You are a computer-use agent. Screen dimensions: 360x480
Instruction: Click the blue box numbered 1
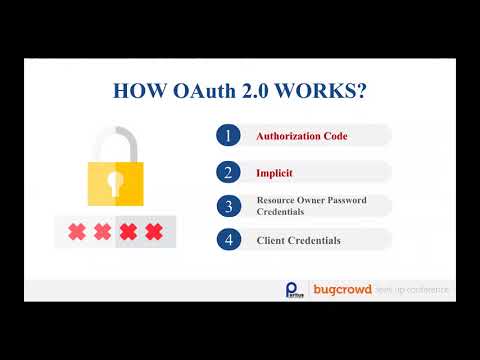228,135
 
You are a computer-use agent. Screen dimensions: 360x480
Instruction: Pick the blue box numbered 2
228,171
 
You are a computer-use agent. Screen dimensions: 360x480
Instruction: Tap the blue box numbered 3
228,206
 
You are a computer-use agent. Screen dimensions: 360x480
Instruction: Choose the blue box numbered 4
228,240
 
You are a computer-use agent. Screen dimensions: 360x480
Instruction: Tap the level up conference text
413,290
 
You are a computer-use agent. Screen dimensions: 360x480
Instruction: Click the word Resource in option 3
275,200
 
